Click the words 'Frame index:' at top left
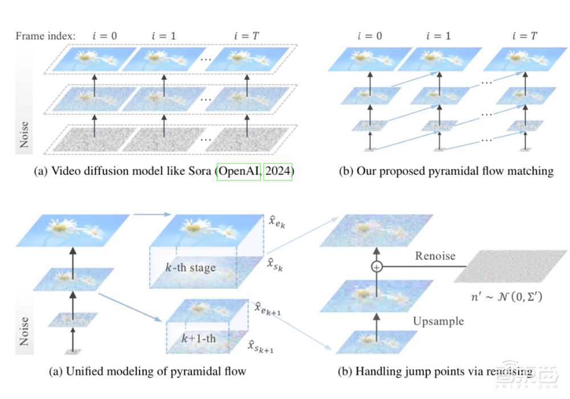point(46,35)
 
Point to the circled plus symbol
point(376,267)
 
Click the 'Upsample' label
point(438,321)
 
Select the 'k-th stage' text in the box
point(187,267)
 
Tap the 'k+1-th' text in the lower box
point(197,339)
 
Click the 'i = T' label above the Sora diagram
point(246,35)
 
